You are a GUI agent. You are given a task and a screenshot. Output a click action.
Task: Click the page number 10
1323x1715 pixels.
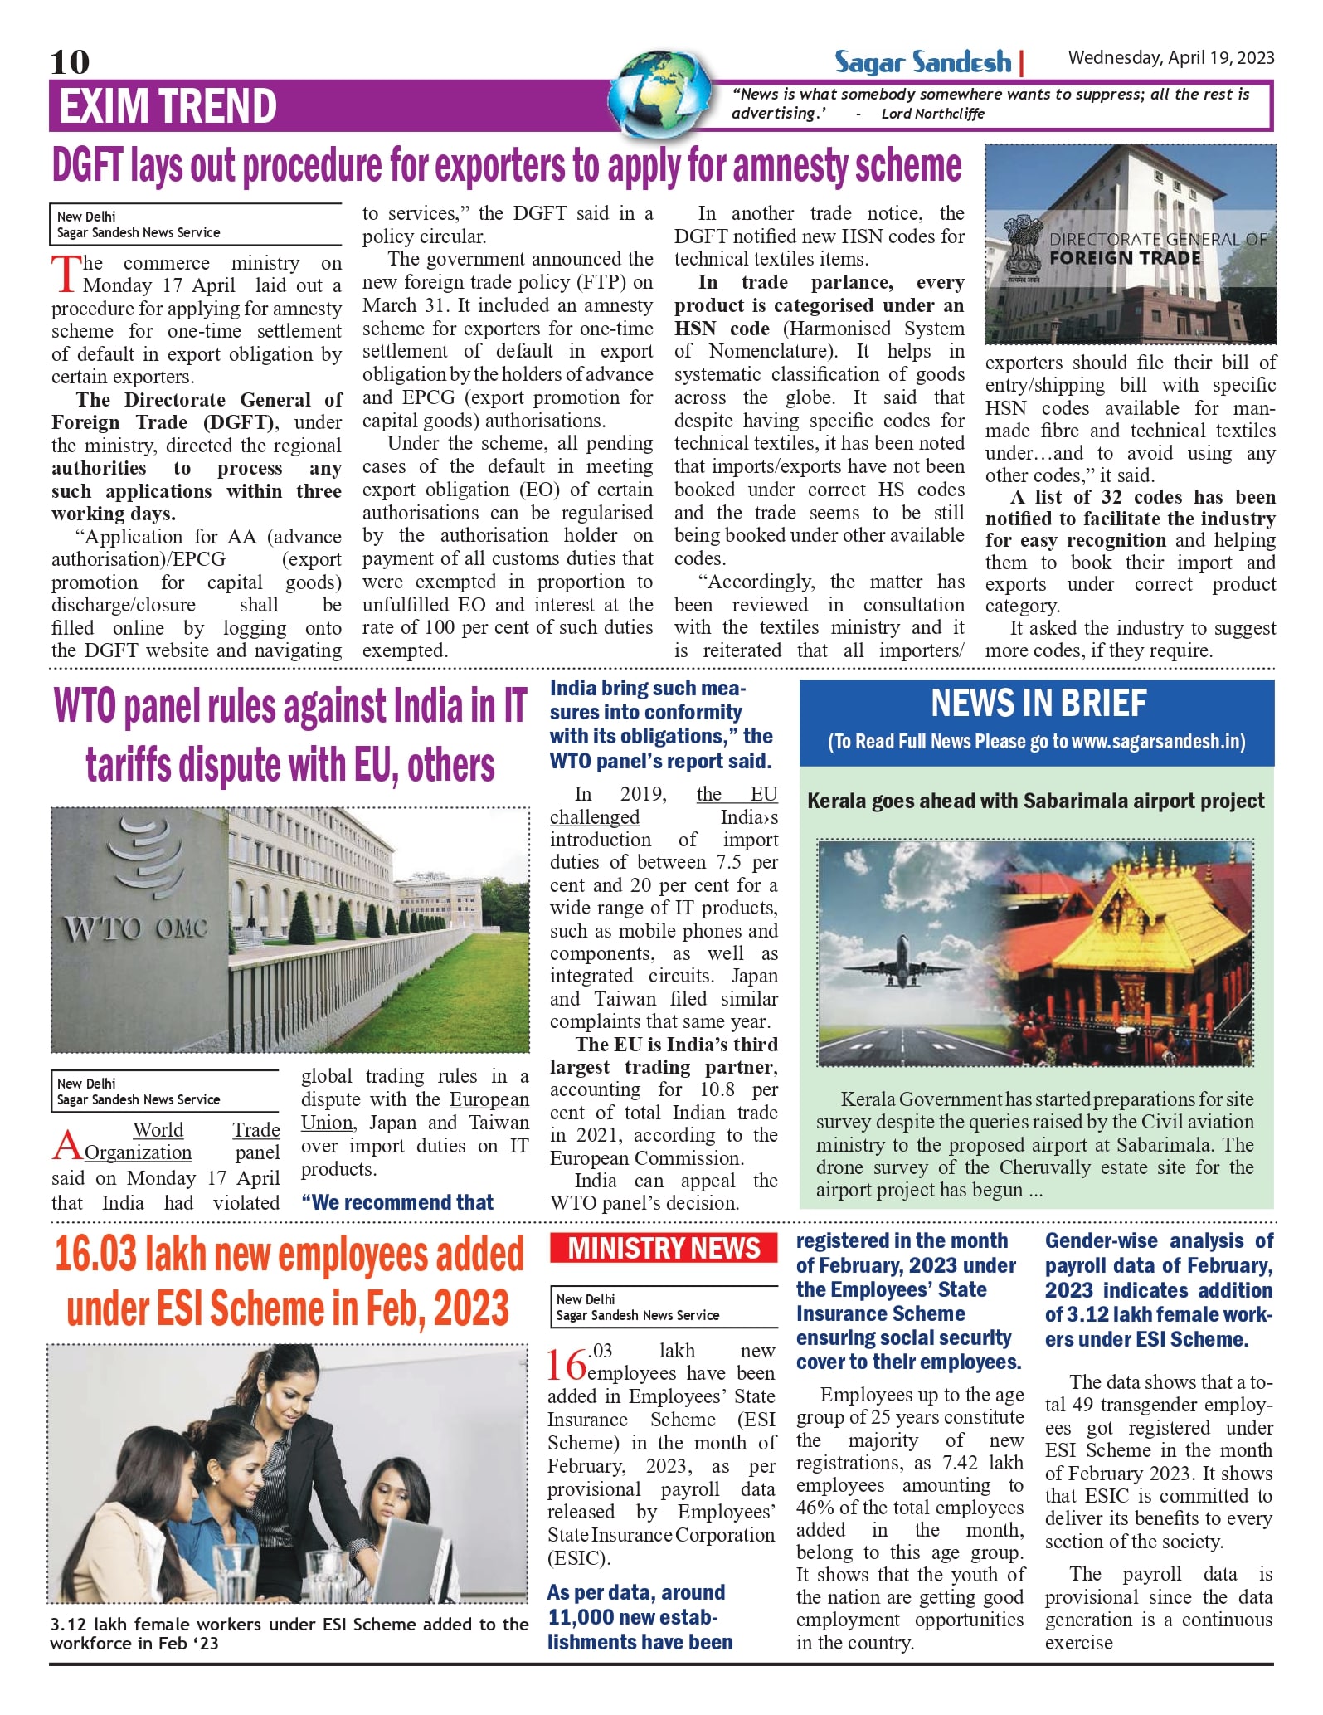(70, 61)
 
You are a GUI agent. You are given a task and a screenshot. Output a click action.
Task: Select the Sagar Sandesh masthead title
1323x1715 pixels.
(923, 62)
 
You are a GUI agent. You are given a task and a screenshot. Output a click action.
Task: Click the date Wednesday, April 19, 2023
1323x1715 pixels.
(1170, 57)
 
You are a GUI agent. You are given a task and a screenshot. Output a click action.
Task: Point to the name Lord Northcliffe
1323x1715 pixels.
(932, 114)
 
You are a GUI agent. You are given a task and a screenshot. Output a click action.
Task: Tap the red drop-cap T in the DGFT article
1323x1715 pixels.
(66, 275)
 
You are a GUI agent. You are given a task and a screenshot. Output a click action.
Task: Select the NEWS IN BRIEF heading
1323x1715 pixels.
(1038, 704)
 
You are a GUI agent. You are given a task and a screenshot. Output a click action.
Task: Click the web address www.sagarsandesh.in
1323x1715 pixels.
(1158, 742)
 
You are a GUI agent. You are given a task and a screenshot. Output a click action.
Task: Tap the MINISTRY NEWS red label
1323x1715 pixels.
(664, 1248)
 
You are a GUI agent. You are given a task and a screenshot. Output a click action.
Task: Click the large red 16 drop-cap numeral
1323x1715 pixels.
(566, 1365)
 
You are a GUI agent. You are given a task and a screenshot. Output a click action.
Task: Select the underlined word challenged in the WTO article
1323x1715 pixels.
(595, 817)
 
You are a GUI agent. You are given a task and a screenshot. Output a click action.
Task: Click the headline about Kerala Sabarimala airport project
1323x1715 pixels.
(1035, 801)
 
